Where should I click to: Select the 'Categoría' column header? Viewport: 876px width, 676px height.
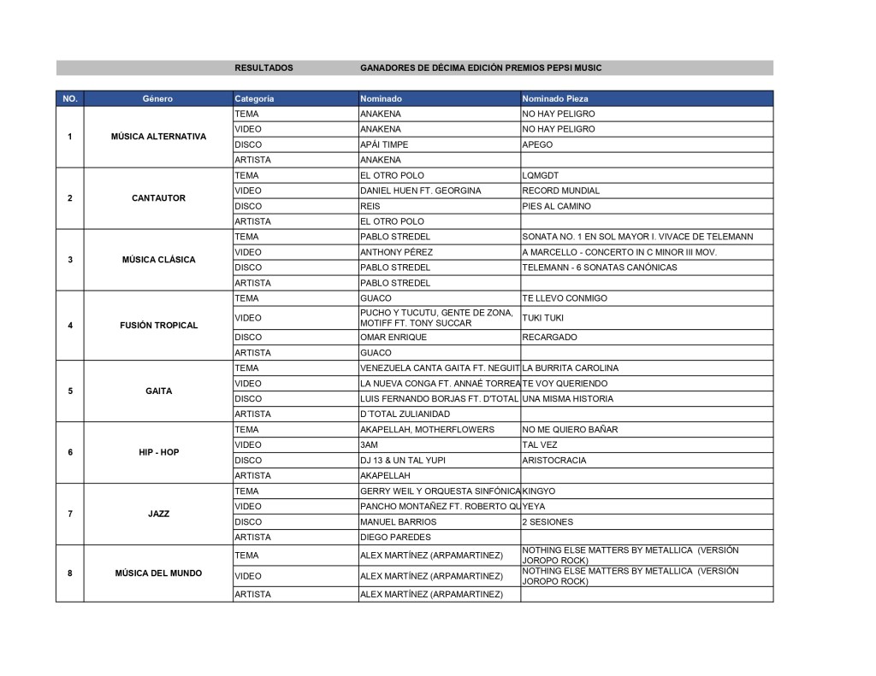coord(254,98)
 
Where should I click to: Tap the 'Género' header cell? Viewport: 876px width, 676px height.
coord(158,98)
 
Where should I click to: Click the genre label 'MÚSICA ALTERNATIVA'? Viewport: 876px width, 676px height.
coord(158,137)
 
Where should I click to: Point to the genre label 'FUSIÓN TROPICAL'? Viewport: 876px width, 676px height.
coord(158,326)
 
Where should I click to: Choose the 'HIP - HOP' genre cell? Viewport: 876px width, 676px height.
coord(158,452)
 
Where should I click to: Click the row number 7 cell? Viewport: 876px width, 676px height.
coord(69,514)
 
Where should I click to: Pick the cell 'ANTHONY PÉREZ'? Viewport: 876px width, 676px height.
coord(396,252)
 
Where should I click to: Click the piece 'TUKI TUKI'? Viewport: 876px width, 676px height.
coord(543,318)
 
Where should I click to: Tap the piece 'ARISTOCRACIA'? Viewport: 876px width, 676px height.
coord(554,461)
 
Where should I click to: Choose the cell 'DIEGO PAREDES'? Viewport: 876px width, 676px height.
coord(395,538)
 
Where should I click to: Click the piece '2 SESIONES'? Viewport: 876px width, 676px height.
coord(547,522)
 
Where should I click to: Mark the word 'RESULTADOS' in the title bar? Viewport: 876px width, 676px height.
coord(263,68)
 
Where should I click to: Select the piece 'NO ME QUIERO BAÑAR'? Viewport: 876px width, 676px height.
coord(570,430)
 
